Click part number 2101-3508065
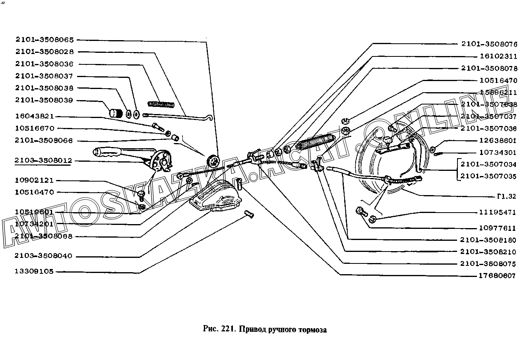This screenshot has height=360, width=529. tap(45, 40)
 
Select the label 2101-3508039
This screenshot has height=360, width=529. tap(45, 101)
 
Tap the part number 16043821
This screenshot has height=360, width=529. tap(35, 116)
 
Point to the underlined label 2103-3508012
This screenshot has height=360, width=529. tap(43, 161)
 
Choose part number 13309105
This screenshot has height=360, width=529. tap(34, 272)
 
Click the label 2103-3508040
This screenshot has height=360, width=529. tap(43, 256)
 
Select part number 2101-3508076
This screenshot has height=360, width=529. tap(489, 44)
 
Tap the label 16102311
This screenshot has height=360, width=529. tap(498, 56)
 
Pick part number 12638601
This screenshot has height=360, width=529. tap(498, 141)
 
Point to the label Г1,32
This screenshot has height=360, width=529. tap(506, 196)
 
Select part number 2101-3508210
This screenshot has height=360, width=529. tap(488, 252)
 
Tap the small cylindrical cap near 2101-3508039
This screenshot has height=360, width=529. tap(116, 112)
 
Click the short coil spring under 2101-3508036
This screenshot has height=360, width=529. tap(161, 105)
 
